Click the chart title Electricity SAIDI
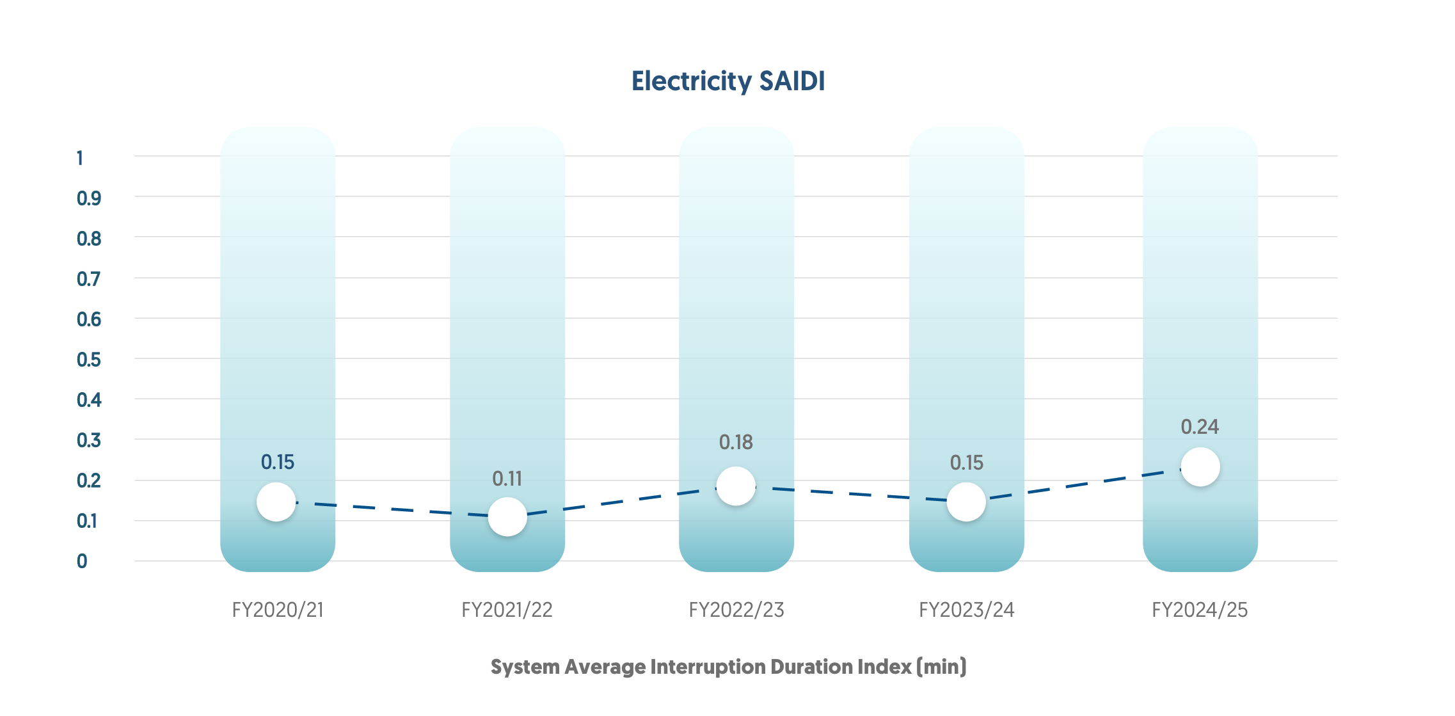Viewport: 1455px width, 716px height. coord(727,81)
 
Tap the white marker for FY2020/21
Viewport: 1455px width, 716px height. coord(276,502)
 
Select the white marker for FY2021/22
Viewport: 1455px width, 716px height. coord(507,517)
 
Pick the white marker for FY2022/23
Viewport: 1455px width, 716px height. coord(736,486)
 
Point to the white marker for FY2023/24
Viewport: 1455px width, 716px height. coord(966,502)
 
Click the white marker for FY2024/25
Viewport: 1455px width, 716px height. coord(1200,467)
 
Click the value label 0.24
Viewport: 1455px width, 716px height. coord(1200,427)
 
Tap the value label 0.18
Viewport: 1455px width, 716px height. coord(736,442)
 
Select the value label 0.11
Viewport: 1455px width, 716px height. coord(507,479)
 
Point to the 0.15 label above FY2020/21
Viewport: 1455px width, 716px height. coord(277,462)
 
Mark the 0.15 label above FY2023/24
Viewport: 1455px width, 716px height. coord(966,463)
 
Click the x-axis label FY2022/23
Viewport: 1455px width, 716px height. coord(736,610)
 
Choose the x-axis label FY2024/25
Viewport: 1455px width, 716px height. coord(1200,610)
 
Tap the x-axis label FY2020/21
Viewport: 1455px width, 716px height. coord(278,610)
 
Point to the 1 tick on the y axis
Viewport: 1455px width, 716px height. coord(80,158)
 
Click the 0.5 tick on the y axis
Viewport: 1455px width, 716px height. coord(89,360)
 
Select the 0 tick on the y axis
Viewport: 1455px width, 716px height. coord(82,561)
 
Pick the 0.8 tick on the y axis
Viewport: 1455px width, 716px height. coord(89,239)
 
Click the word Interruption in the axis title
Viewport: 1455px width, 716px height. coord(708,667)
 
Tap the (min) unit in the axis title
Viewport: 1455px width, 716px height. coord(941,667)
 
